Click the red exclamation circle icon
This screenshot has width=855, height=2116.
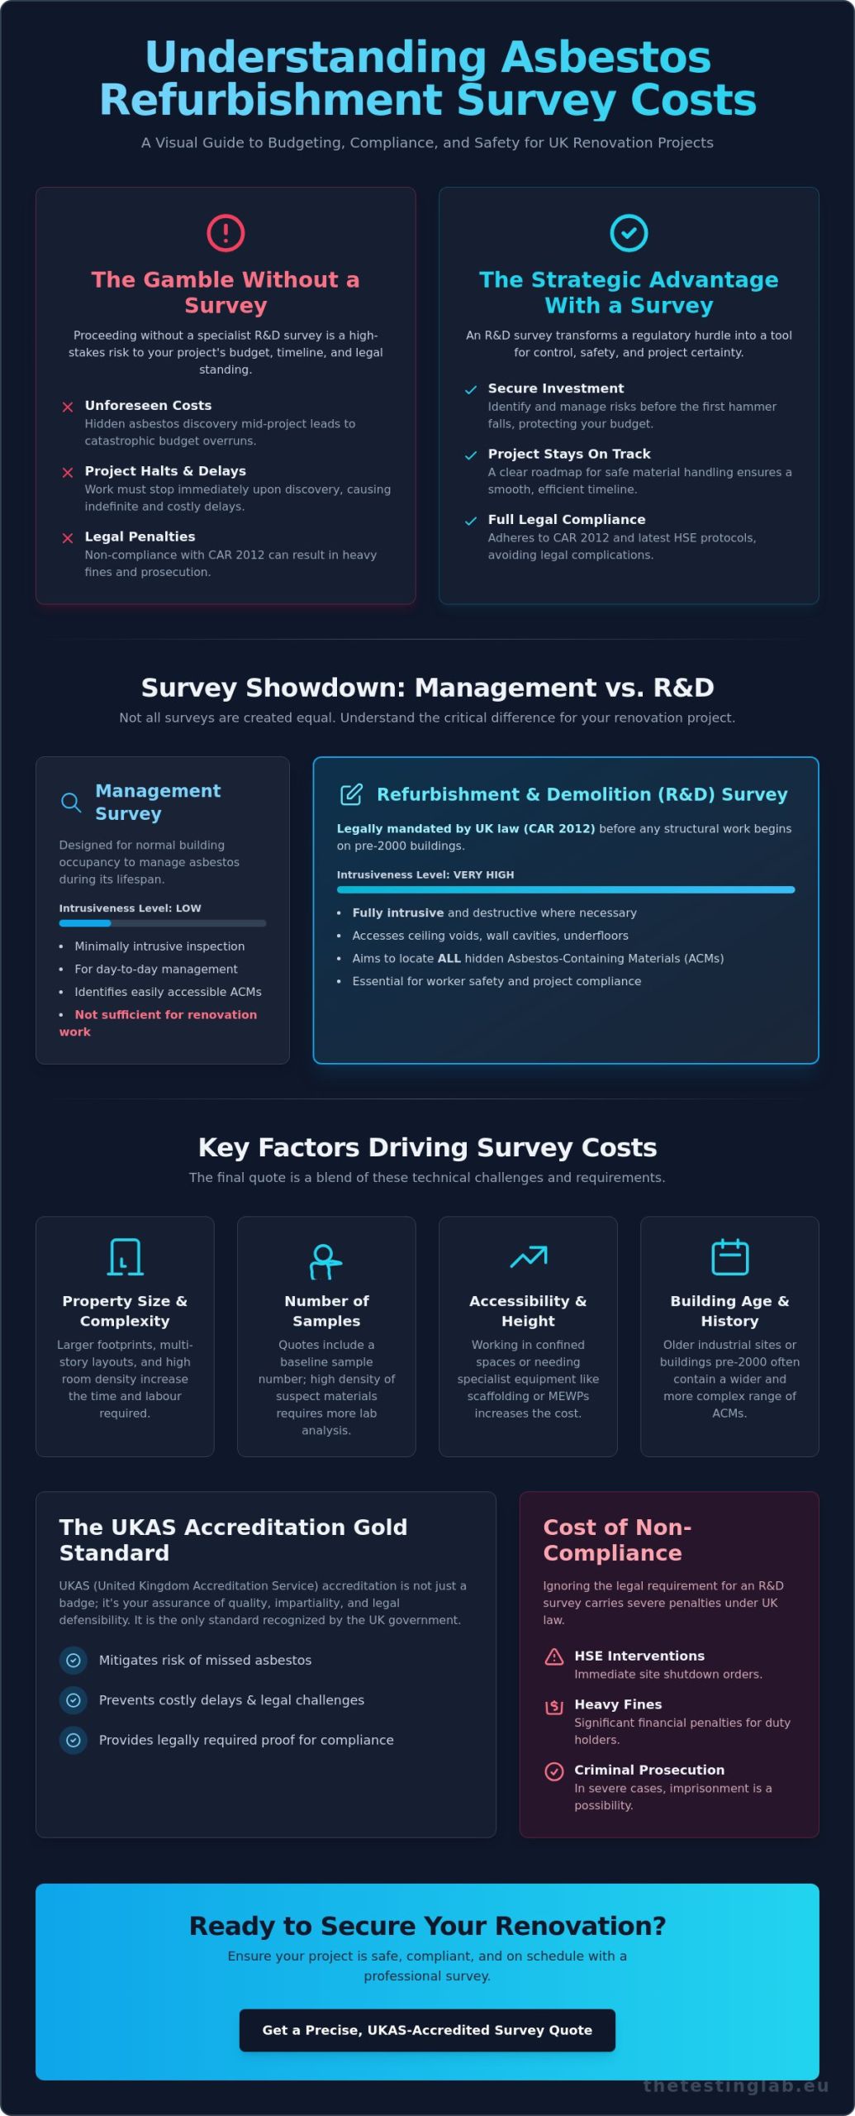tap(226, 233)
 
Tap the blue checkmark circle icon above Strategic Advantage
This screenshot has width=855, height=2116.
tap(629, 233)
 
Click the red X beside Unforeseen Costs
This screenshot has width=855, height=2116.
tap(68, 407)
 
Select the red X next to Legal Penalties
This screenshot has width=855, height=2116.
tap(68, 538)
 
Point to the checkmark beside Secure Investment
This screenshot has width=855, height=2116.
tap(471, 390)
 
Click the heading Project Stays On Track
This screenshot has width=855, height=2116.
tap(569, 454)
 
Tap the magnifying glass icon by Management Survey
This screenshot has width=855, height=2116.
tap(71, 803)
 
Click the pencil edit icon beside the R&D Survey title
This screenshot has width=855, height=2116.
tap(351, 794)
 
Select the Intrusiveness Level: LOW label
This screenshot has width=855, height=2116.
tap(130, 908)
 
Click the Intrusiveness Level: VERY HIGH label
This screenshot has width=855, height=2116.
tap(425, 875)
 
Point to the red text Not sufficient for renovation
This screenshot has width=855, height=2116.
tap(166, 1015)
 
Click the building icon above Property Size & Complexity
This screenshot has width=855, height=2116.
tap(125, 1257)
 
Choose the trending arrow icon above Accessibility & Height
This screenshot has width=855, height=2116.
tap(529, 1256)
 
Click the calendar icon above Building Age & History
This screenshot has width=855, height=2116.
tap(730, 1257)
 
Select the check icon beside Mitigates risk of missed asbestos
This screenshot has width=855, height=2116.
tap(74, 1660)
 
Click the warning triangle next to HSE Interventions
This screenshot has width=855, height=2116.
tap(554, 1656)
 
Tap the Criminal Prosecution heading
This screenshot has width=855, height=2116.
tap(649, 1770)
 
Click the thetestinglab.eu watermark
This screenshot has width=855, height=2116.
tap(736, 2085)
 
